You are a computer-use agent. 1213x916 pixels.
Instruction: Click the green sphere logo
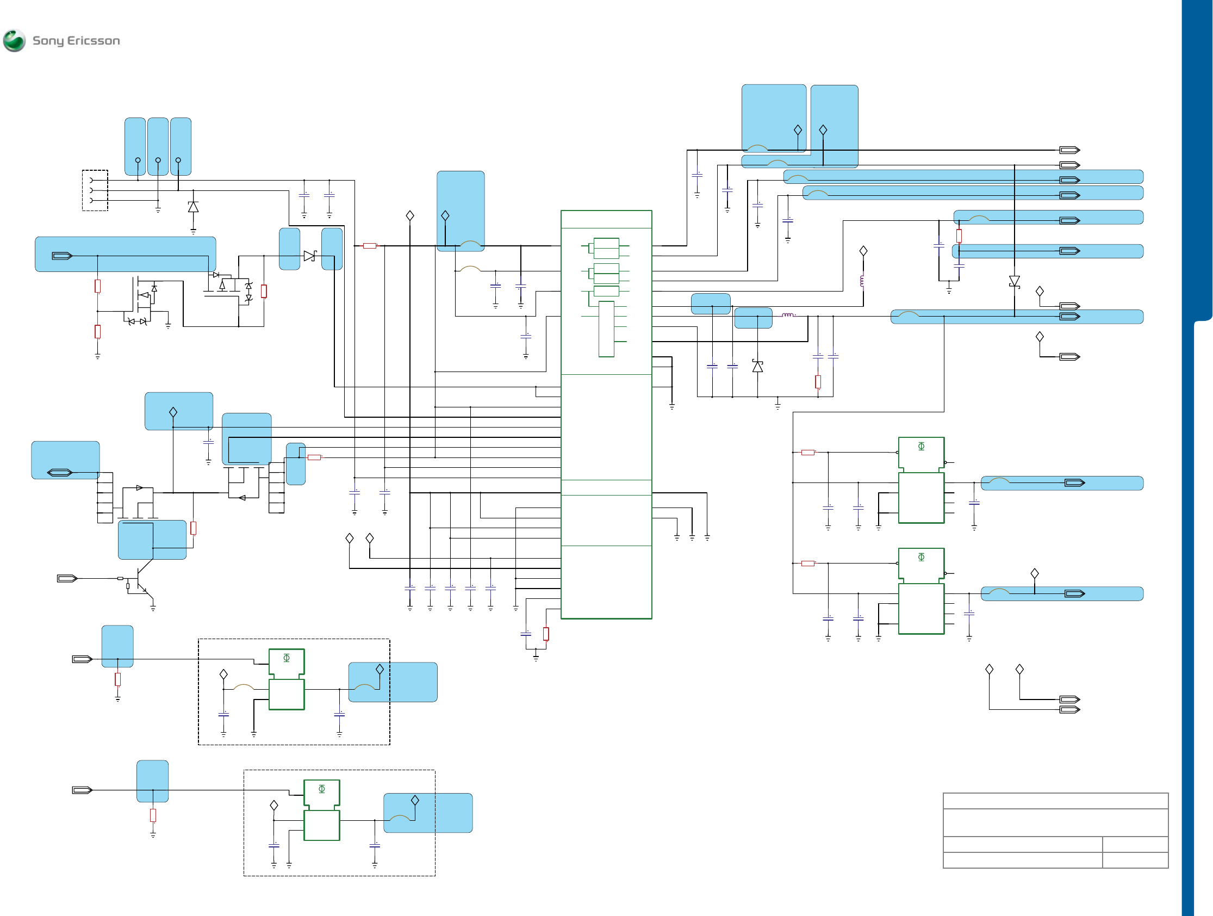[14, 41]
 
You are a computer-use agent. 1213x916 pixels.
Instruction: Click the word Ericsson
[93, 41]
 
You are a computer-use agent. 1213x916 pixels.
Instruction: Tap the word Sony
[48, 41]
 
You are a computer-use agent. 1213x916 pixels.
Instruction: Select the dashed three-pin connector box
[95, 190]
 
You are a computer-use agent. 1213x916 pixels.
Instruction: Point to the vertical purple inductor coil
[863, 281]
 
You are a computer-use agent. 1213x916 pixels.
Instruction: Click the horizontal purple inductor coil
[788, 315]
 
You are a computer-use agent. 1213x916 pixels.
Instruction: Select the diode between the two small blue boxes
[310, 256]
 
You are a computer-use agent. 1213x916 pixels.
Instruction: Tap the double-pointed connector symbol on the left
[60, 472]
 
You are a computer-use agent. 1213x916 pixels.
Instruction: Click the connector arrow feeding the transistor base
[67, 578]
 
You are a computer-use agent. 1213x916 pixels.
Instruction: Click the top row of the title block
[1055, 801]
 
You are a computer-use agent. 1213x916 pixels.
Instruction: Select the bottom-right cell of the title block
[1135, 860]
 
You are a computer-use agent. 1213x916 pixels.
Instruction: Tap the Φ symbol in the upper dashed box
[286, 658]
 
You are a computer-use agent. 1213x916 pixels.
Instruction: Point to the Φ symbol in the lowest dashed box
[322, 789]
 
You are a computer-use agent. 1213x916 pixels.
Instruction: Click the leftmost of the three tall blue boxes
[135, 146]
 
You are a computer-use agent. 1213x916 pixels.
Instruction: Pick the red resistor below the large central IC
[546, 634]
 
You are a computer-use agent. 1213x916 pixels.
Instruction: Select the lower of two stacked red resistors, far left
[98, 331]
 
